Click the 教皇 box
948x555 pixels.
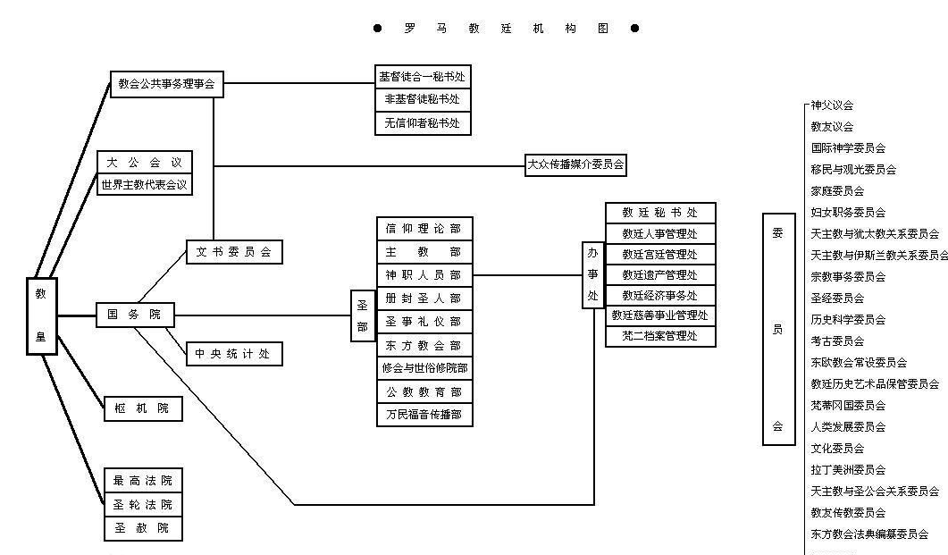(42, 315)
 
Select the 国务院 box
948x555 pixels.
(134, 315)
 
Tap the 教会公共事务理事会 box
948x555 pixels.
(166, 86)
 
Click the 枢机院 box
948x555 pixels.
(143, 408)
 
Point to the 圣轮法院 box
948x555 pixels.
(143, 505)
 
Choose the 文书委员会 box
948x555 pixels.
(234, 252)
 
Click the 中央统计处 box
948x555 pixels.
(234, 354)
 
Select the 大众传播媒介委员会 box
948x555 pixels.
(575, 164)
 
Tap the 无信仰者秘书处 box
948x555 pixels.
(423, 123)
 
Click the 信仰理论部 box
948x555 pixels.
(424, 229)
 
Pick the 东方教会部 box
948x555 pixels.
(424, 345)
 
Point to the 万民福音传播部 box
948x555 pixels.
(424, 415)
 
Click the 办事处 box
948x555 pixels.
(593, 276)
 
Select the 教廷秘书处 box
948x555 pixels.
(660, 213)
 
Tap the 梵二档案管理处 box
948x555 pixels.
(660, 336)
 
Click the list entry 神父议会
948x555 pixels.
(832, 105)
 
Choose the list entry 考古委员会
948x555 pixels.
(837, 341)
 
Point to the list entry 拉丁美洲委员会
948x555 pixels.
(848, 469)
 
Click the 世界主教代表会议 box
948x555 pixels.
(144, 185)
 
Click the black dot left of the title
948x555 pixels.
(378, 29)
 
